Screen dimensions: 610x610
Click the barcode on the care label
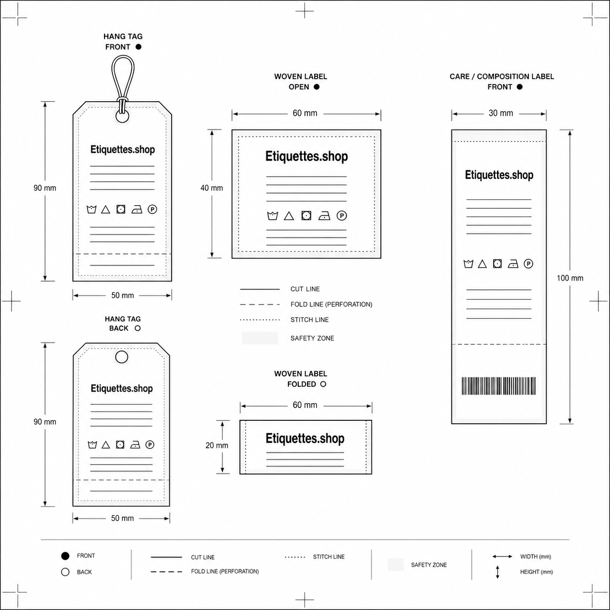[499, 386]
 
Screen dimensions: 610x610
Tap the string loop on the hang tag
[112, 76]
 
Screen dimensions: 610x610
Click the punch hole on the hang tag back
[122, 357]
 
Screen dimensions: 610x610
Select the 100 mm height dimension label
[570, 278]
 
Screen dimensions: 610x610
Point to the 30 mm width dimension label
[501, 113]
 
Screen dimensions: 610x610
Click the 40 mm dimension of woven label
[212, 188]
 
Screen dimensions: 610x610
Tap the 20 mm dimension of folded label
[216, 446]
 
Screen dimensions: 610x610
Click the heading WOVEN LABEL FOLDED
[301, 379]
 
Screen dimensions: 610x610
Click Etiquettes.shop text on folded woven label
[305, 438]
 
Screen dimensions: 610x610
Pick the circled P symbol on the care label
[528, 264]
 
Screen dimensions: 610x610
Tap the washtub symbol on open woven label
[272, 215]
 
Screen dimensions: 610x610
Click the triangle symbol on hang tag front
[106, 210]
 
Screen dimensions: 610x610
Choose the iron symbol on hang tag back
[135, 445]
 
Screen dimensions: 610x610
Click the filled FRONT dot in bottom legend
[65, 556]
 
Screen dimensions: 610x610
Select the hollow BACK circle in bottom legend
[65, 572]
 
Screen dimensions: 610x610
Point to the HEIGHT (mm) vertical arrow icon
[497, 572]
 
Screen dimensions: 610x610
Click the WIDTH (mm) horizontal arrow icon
[502, 556]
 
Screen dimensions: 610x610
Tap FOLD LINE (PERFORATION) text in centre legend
[331, 305]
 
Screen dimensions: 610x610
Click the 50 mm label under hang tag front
[123, 296]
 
